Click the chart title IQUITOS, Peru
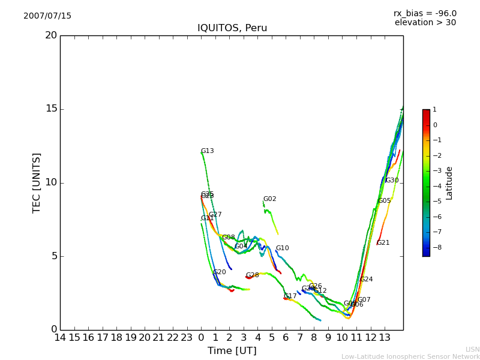[232, 28]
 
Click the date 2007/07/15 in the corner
[47, 16]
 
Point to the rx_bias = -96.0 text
[425, 14]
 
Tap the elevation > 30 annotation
[425, 23]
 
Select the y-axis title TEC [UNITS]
[37, 182]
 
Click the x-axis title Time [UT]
[232, 351]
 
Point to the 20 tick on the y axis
[51, 35]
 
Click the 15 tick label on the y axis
[51, 109]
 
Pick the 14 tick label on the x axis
[60, 337]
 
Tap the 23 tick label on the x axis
[187, 337]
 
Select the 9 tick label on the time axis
[328, 337]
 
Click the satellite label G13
[207, 151]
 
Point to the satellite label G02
[269, 199]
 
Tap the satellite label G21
[383, 243]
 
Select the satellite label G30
[392, 181]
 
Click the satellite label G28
[252, 275]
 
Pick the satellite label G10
[282, 248]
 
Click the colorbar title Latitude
[449, 183]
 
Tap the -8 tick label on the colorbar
[435, 246]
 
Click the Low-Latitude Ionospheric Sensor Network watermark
[410, 357]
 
